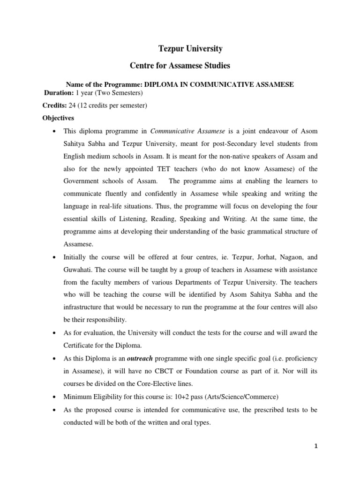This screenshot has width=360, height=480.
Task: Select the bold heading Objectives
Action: click(58, 118)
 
